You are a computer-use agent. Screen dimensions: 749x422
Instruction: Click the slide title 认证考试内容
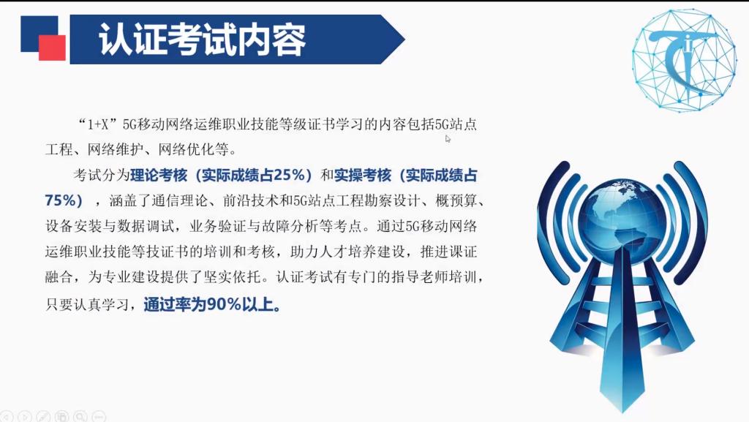pos(202,39)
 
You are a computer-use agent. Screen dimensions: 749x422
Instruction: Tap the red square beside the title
pos(52,48)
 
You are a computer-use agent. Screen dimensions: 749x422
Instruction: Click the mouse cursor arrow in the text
pos(448,139)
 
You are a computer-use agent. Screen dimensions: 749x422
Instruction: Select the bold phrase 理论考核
pos(159,176)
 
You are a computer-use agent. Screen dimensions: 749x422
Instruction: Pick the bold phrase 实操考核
pos(363,176)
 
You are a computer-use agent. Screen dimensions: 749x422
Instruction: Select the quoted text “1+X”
pos(97,124)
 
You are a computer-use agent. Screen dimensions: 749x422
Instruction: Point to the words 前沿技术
pos(251,200)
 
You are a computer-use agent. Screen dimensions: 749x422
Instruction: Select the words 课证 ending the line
pos(463,252)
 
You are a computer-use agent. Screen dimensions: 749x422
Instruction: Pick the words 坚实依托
pos(232,277)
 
